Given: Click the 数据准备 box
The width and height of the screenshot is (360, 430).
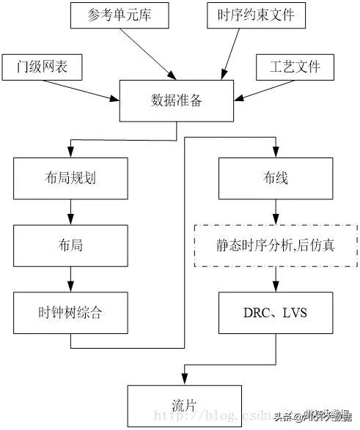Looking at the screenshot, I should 176,100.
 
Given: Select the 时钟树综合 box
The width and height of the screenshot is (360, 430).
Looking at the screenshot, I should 70,312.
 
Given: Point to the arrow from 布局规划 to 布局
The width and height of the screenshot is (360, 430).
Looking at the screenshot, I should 70,212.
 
